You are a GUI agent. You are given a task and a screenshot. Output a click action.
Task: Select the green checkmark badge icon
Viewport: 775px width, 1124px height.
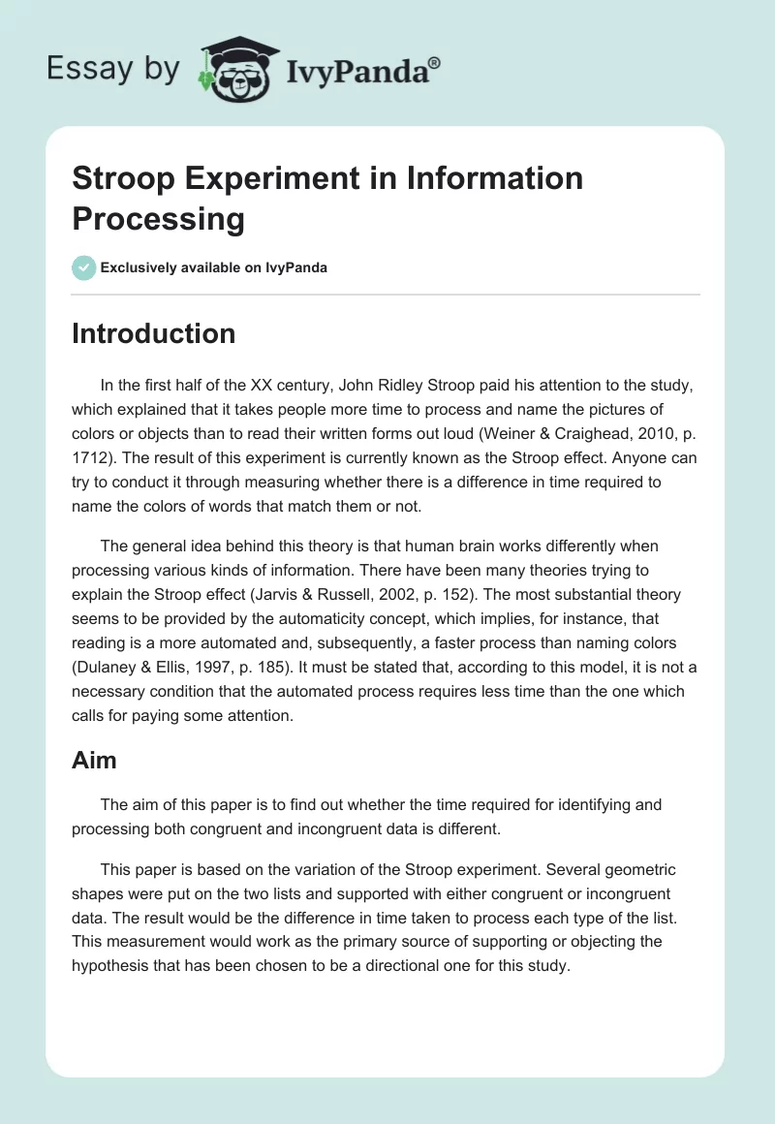point(83,267)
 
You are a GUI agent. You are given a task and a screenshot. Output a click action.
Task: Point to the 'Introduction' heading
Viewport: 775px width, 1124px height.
point(153,333)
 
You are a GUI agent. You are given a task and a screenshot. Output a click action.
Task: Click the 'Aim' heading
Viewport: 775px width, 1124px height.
point(94,761)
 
